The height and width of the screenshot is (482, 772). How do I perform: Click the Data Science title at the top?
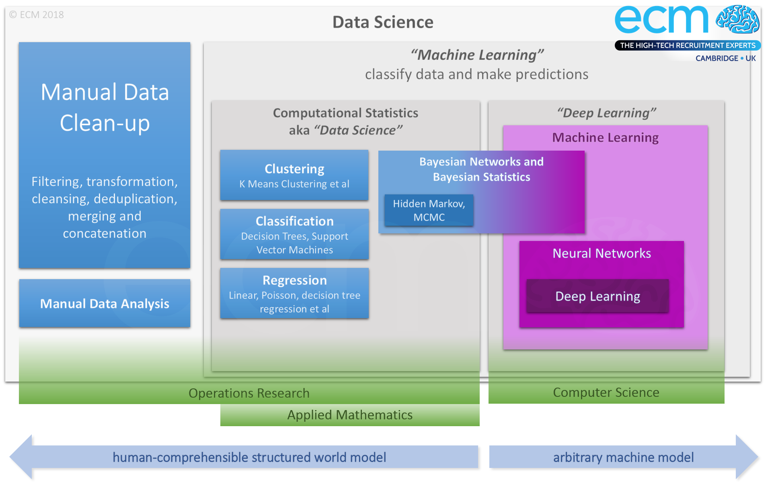click(x=383, y=22)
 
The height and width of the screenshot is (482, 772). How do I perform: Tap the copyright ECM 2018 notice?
click(x=37, y=15)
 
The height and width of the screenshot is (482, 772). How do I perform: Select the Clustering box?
click(x=294, y=175)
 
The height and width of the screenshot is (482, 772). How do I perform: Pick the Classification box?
click(x=294, y=234)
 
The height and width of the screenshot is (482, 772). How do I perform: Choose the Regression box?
click(x=294, y=293)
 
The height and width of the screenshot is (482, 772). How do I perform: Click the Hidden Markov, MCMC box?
click(x=429, y=210)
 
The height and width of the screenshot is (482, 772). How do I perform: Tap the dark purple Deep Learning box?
click(x=597, y=296)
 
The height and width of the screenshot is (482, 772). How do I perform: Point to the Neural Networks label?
click(x=602, y=253)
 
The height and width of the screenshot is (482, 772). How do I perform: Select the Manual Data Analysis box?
click(x=105, y=303)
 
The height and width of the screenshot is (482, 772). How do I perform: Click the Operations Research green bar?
click(x=249, y=393)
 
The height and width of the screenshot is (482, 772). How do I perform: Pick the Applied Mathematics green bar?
click(x=350, y=415)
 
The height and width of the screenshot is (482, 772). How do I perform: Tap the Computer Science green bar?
click(x=606, y=392)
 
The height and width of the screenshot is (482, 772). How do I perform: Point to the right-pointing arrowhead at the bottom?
click(x=747, y=457)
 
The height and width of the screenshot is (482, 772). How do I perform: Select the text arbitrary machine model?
click(x=623, y=457)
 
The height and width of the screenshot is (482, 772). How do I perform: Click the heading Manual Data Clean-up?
click(x=105, y=107)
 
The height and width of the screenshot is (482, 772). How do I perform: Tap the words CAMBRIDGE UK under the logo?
click(x=725, y=58)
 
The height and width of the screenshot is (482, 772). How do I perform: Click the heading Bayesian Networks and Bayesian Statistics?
click(x=481, y=169)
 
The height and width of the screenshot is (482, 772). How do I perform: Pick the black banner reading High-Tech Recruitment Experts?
click(x=687, y=45)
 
